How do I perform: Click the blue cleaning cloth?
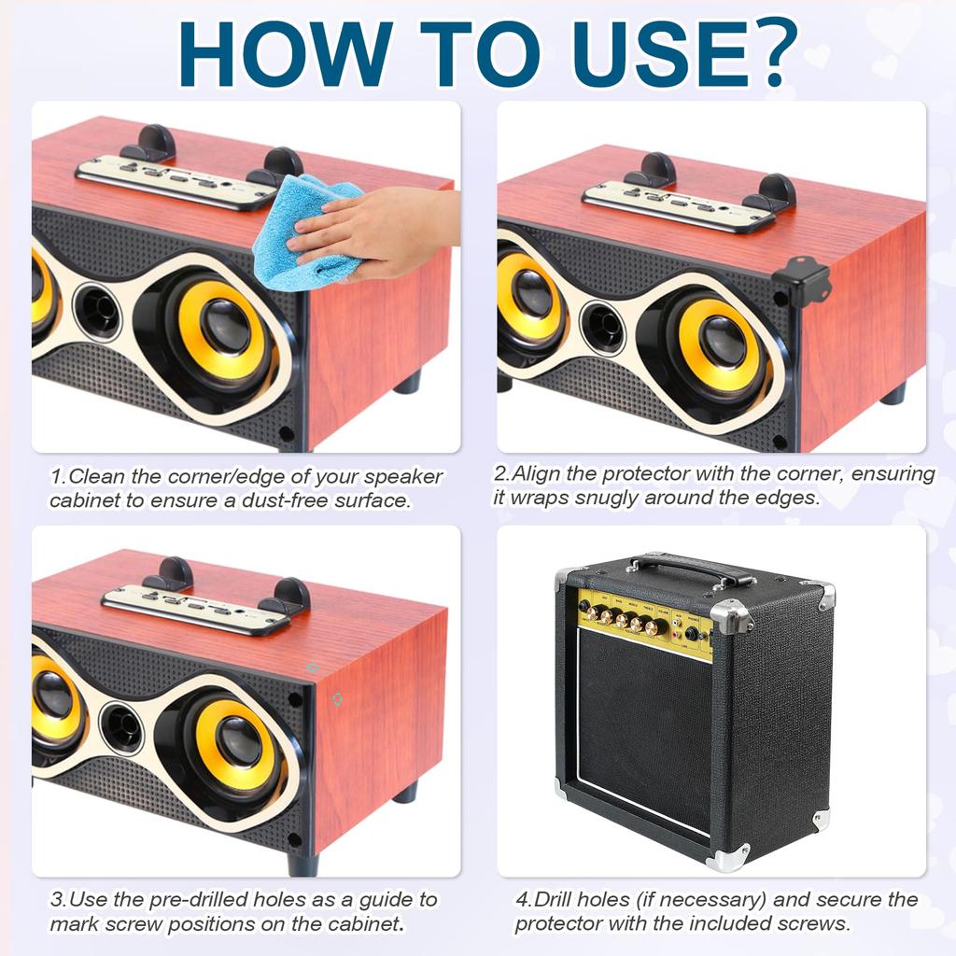pos(308,232)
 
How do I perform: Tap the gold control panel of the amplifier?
pos(644,623)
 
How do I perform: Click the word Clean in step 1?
pos(97,476)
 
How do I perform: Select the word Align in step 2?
pos(537,473)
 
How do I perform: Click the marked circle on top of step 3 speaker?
pos(312,668)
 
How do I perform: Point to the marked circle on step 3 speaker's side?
pos(337,698)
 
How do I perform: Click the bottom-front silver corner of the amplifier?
pos(728,857)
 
